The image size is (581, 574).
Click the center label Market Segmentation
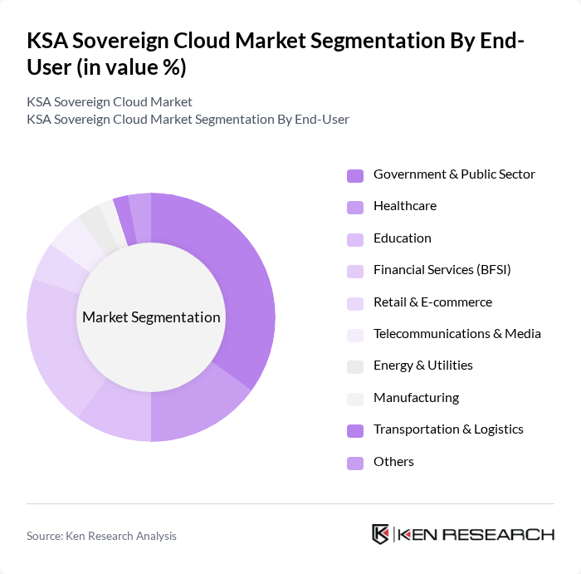pyautogui.click(x=151, y=317)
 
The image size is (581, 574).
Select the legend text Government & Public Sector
pyautogui.click(x=454, y=174)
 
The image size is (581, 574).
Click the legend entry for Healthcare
pyautogui.click(x=404, y=206)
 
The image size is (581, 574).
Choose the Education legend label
pyautogui.click(x=402, y=238)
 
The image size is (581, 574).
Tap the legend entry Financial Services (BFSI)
pyautogui.click(x=442, y=270)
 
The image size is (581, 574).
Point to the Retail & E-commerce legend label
pyautogui.click(x=432, y=302)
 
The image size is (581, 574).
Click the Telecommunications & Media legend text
pyautogui.click(x=456, y=334)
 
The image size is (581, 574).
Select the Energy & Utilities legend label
pyautogui.click(x=422, y=365)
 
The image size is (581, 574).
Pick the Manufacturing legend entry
pyautogui.click(x=416, y=398)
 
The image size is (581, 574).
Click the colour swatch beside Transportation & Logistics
pyautogui.click(x=355, y=430)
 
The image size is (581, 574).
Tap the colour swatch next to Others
pyautogui.click(x=355, y=463)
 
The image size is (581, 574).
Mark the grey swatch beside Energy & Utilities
pyautogui.click(x=355, y=366)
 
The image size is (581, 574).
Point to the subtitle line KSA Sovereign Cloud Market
pyautogui.click(x=110, y=102)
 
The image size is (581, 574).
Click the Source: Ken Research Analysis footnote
pyautogui.click(x=101, y=537)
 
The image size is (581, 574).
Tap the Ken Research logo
pyautogui.click(x=462, y=534)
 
